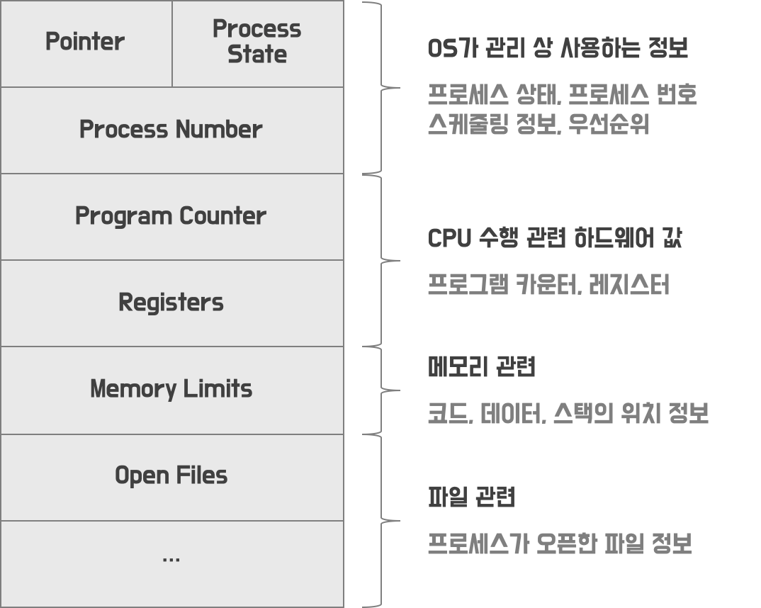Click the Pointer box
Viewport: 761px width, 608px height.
coord(85,43)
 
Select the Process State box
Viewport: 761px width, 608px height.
coord(257,43)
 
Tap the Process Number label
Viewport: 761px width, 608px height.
coord(171,130)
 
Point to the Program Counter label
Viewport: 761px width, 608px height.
coord(171,216)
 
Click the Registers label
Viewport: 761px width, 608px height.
coord(171,303)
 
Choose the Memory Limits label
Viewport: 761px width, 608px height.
coord(171,389)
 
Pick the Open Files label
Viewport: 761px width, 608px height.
coord(171,475)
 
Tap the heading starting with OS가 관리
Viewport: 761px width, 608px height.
coord(558,49)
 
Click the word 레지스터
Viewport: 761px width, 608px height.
coord(628,285)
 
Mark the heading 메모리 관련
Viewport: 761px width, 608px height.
coord(482,367)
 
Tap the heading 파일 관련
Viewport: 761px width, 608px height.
coord(471,497)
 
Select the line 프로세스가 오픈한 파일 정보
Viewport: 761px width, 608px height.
coord(560,544)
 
